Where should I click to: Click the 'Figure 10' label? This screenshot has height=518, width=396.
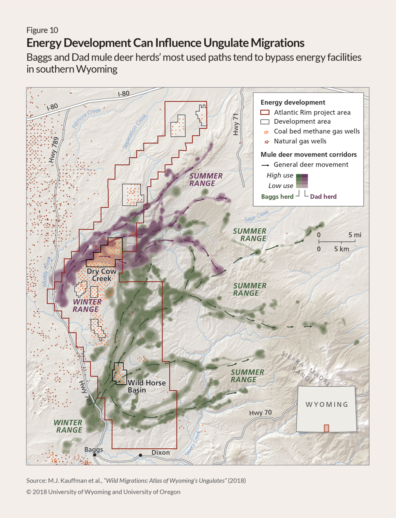point(42,30)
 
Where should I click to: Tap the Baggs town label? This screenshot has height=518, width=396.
point(94,450)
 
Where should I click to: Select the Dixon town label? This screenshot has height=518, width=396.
point(160,452)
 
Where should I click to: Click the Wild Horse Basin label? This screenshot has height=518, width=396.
point(146,386)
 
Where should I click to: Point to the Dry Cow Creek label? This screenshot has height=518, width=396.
point(102,275)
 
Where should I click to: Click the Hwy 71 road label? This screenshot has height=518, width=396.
point(236,124)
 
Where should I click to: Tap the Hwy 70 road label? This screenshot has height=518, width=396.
point(260,413)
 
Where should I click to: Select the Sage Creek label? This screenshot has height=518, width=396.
point(256,216)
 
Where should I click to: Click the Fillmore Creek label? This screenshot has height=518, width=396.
point(86,118)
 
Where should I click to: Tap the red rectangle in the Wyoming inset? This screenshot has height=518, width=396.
point(326,428)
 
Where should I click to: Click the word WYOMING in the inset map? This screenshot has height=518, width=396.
point(327,404)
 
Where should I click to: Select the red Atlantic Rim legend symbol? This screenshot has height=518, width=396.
point(265,112)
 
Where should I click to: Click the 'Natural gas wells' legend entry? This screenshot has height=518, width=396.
point(300,141)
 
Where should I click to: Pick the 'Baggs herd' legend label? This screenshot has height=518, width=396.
point(277,197)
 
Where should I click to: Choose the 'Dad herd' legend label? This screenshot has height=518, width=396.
point(323,197)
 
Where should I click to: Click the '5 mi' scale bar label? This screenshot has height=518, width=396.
point(354,235)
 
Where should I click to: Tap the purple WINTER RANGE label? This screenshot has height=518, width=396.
point(87,305)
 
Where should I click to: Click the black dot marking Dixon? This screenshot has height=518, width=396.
point(140,455)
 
